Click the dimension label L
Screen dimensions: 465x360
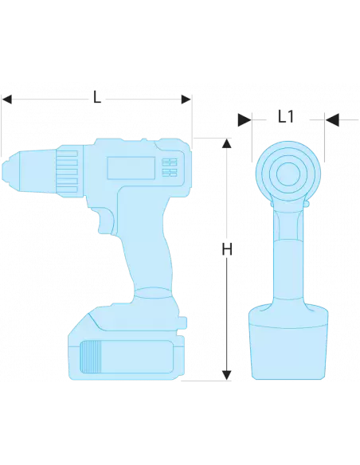97,98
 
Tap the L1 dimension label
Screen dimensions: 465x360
286,117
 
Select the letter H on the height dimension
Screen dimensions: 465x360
226,249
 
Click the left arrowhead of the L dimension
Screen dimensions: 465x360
7,100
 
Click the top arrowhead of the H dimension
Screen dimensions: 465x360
226,143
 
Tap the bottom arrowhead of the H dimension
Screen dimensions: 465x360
226,373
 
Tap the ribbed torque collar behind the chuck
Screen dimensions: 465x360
68,168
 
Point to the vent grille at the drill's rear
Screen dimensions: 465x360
169,166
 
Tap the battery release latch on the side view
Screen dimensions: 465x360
184,322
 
